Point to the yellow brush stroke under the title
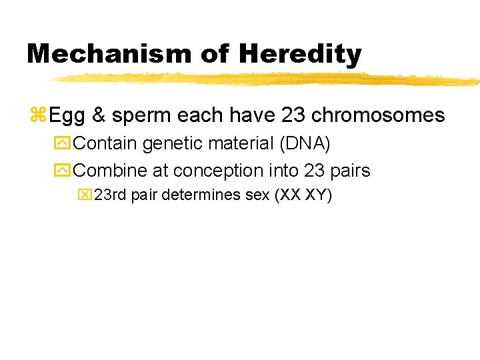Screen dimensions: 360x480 coord(267,79)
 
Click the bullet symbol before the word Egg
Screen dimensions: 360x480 coord(37,115)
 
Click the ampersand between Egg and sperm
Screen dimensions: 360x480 coord(99,115)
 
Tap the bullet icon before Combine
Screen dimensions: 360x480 coord(65,171)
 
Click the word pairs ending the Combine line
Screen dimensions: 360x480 coord(349,171)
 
